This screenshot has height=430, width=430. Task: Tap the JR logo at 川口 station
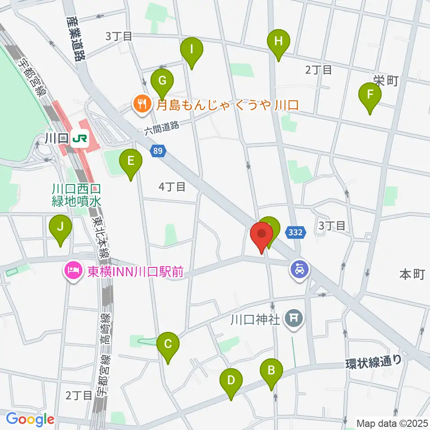click(79, 139)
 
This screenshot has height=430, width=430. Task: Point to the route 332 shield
click(295, 232)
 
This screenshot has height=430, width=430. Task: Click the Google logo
click(30, 419)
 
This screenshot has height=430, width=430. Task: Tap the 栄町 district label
click(386, 80)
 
